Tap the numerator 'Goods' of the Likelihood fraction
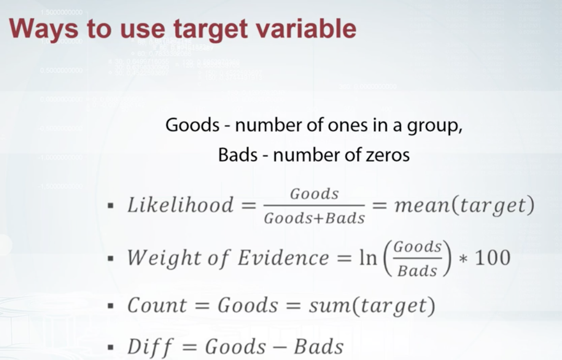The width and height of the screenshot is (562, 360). point(314,194)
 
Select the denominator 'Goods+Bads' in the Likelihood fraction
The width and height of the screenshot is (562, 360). point(314,218)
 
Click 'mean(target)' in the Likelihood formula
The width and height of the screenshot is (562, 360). point(465,205)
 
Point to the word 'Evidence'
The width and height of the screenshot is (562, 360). point(284,258)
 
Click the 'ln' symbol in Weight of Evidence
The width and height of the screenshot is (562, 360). point(368,257)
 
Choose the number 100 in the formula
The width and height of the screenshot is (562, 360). point(493,257)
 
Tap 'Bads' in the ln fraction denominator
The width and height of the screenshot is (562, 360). point(417,270)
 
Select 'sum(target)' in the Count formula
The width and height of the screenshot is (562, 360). point(372,306)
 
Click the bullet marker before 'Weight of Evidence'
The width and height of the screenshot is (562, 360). point(111,258)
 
